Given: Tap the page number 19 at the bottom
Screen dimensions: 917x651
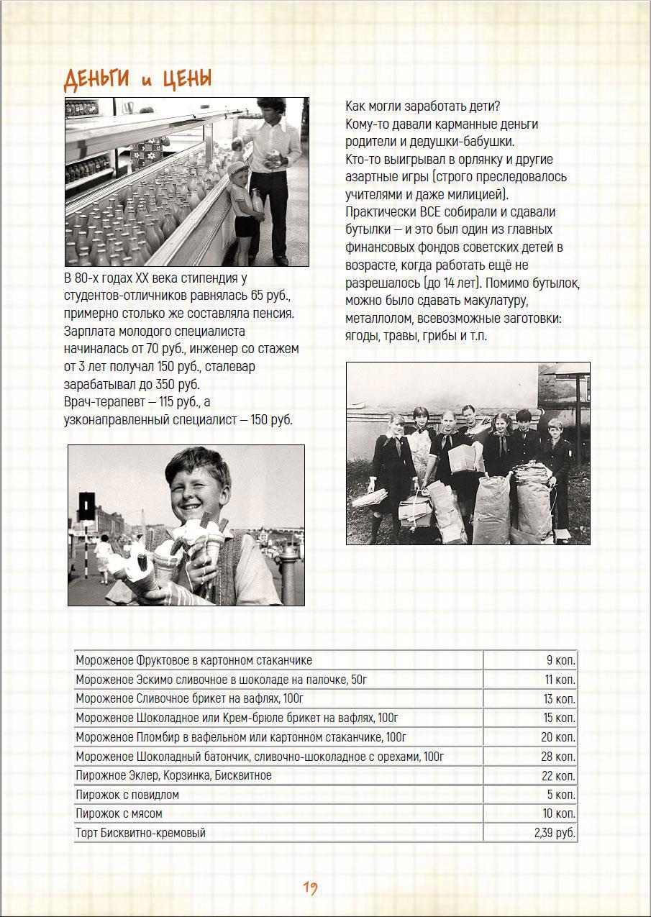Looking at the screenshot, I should (x=310, y=888).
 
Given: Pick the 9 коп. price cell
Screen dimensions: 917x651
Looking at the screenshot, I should (x=560, y=660).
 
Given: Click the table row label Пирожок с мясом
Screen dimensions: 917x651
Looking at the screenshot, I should (x=119, y=814).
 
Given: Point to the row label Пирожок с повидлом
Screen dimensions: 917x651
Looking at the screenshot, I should (x=127, y=795).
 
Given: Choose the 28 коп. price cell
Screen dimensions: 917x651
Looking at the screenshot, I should (x=558, y=757).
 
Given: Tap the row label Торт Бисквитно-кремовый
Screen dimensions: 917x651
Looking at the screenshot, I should (x=140, y=834).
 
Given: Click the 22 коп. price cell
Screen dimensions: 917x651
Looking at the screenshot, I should (x=558, y=776).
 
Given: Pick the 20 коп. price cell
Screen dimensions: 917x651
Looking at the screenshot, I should (x=558, y=737).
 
